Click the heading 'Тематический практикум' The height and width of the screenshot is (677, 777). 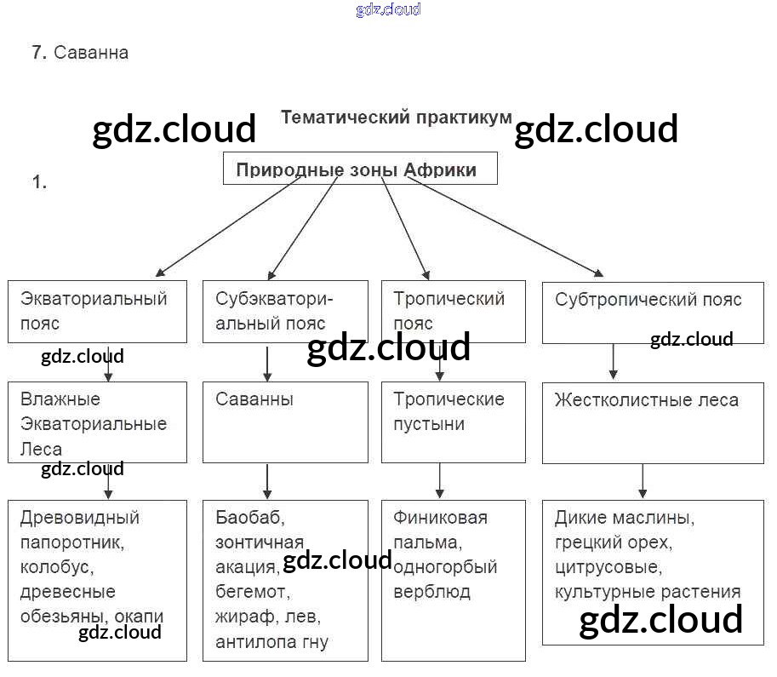click(396, 117)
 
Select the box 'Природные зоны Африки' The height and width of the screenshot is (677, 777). click(359, 169)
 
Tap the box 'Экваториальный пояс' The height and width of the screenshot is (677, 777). click(97, 311)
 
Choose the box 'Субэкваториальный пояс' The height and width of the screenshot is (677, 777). click(285, 311)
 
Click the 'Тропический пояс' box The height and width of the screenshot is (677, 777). click(453, 311)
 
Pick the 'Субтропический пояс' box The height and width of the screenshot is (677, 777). click(652, 312)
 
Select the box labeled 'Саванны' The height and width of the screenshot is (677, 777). click(285, 422)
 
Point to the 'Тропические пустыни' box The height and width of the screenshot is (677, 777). click(453, 422)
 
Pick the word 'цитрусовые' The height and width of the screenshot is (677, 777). click(607, 566)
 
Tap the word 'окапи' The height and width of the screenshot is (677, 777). click(143, 616)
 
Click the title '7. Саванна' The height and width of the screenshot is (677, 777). click(80, 53)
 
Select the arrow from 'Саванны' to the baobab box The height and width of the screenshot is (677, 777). click(267, 481)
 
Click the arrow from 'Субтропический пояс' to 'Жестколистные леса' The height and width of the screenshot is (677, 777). click(612, 362)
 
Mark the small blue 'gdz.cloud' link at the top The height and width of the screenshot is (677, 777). click(388, 10)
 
